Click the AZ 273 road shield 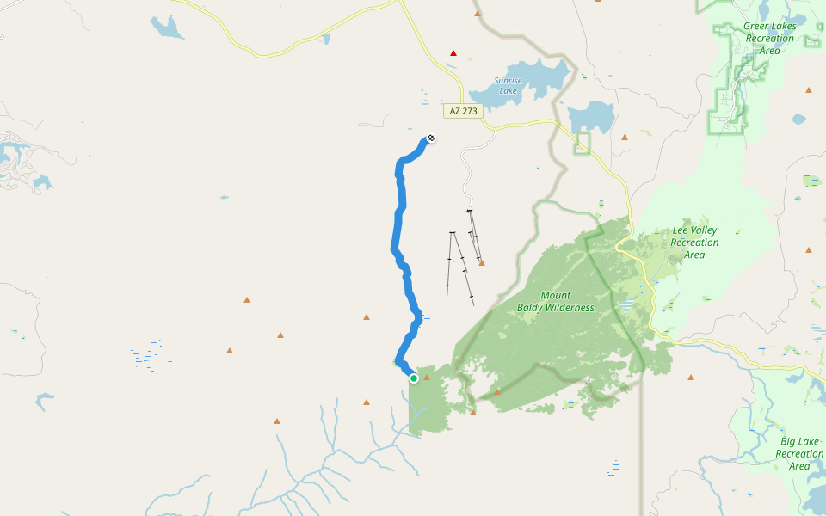463,112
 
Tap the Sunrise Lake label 508,86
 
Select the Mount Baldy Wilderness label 555,302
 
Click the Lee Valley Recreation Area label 694,243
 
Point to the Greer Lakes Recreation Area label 770,38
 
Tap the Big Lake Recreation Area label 799,453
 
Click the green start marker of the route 414,378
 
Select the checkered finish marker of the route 431,138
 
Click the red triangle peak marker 453,53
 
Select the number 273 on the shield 469,112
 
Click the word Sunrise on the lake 508,81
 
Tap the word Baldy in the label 531,308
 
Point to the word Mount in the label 555,296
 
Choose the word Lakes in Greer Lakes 784,27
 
